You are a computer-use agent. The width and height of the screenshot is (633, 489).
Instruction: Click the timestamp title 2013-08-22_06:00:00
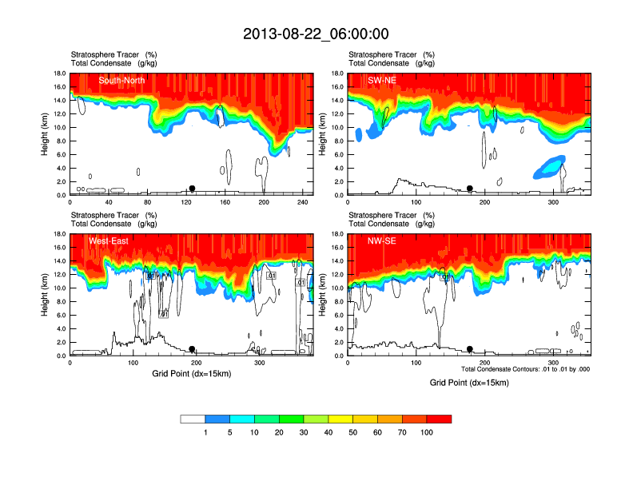316,34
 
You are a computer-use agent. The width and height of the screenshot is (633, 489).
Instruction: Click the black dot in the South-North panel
192,189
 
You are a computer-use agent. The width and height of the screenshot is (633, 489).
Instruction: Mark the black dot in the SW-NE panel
470,189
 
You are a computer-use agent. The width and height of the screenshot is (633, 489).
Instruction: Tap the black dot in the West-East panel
192,349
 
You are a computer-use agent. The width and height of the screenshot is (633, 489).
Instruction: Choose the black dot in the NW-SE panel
470,349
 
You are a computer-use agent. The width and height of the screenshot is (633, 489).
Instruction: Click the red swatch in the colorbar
439,419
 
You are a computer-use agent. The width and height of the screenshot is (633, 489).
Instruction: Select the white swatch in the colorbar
193,419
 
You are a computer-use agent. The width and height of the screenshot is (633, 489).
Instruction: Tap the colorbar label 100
427,432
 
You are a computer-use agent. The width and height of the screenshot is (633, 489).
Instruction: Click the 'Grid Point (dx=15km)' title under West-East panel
191,373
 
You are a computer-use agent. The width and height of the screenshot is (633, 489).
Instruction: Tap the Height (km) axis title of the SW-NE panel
323,134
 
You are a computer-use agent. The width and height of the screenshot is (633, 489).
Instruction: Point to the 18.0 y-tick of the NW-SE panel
339,234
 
